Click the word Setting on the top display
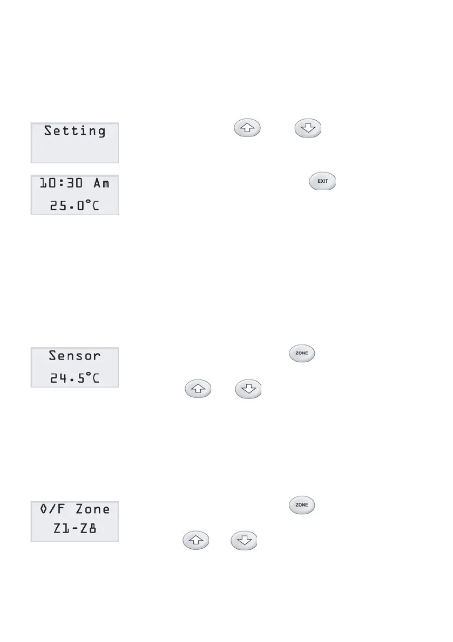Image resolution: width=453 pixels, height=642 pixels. tap(75, 131)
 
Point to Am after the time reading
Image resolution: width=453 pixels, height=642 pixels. tap(101, 183)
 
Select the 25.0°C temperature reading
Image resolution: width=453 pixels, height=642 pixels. tap(75, 205)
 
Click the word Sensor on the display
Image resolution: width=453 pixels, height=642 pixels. tap(75, 356)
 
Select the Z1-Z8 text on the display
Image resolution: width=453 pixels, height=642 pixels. tap(75, 531)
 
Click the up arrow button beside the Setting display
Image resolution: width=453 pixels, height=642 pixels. tap(246, 129)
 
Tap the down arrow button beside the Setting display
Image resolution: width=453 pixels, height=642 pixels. tap(307, 129)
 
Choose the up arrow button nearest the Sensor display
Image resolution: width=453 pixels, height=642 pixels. tap(198, 389)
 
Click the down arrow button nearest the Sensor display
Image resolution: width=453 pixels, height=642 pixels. tap(248, 389)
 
